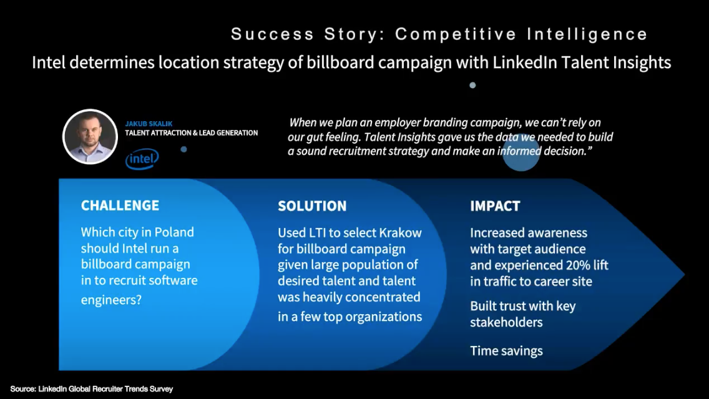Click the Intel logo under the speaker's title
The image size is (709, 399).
(x=142, y=159)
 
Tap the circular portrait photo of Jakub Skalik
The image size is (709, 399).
(x=90, y=136)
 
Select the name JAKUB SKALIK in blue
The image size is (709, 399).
(x=149, y=124)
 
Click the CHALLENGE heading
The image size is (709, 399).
(x=120, y=205)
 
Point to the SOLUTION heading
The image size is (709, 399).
(x=312, y=206)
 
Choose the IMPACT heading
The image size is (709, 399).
(x=495, y=206)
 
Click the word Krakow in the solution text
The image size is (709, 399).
(x=400, y=232)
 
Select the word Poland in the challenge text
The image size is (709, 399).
(x=174, y=232)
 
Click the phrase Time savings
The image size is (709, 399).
(x=506, y=350)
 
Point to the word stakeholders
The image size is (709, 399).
(x=506, y=322)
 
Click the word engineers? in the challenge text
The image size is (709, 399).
(x=111, y=300)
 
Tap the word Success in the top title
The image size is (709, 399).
(x=273, y=34)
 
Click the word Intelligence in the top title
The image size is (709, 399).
(x=587, y=34)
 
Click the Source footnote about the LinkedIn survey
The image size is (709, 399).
(x=92, y=388)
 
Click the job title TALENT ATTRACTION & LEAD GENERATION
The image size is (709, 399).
(x=191, y=133)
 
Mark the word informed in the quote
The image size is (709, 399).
(x=519, y=151)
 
